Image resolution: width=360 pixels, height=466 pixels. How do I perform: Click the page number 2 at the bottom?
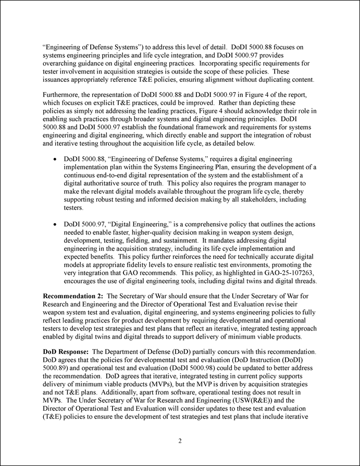click(x=180, y=441)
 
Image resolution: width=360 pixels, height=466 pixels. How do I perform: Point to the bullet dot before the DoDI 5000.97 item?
click(x=55, y=225)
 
